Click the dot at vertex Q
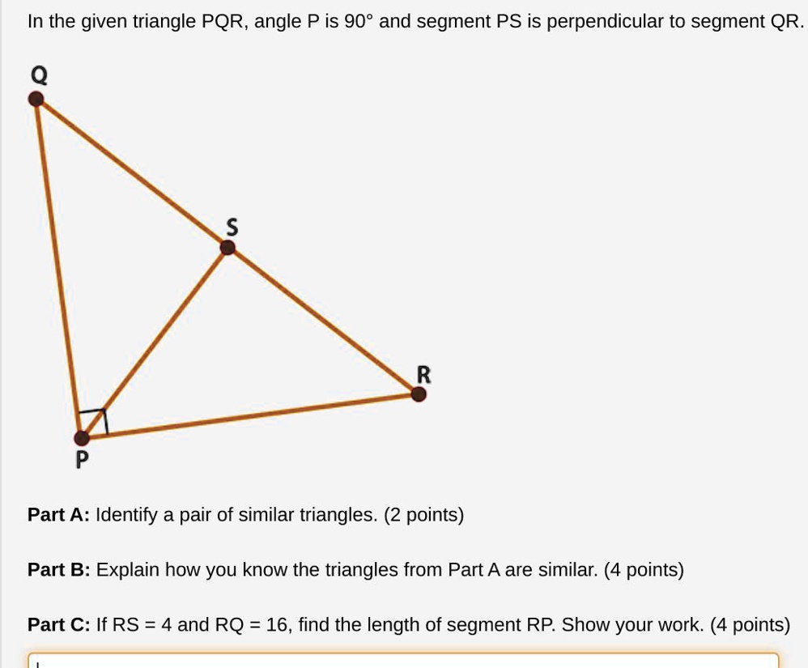click(36, 99)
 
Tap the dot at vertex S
click(228, 248)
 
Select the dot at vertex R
click(418, 394)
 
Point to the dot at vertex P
click(82, 438)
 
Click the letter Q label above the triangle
click(38, 75)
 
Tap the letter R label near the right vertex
click(423, 374)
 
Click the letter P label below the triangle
click(81, 461)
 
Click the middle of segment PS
click(155, 343)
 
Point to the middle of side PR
click(249, 416)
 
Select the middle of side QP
click(59, 269)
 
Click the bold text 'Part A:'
click(58, 515)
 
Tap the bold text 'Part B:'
click(58, 570)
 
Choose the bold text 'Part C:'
click(58, 625)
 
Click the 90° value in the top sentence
click(358, 21)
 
